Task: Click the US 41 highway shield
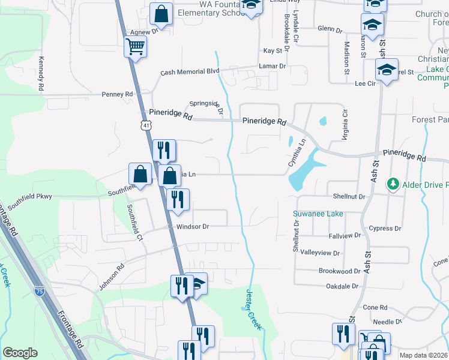146,125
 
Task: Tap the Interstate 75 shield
40,291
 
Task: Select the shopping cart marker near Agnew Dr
136,46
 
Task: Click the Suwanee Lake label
318,214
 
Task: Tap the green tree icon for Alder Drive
393,182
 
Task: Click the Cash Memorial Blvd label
190,71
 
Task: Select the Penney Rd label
117,94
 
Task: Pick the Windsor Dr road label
193,227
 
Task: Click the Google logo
20,353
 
